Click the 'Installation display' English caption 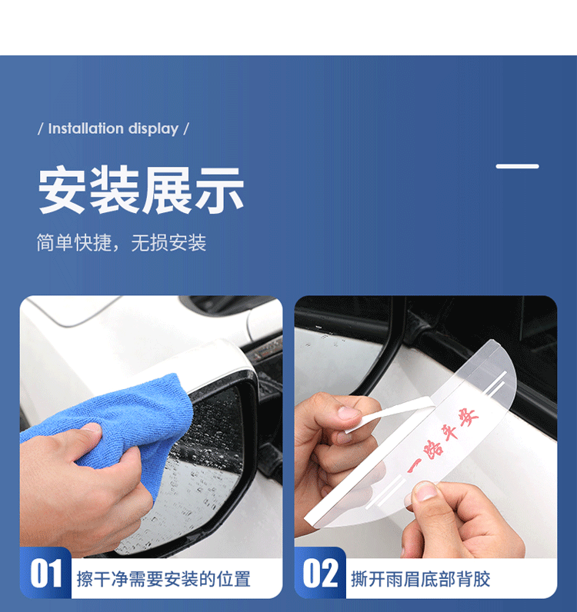[113, 129]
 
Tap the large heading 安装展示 [141, 190]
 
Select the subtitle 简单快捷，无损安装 [122, 243]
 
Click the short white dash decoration [517, 166]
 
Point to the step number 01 [46, 574]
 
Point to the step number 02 [321, 574]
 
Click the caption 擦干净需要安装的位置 [163, 579]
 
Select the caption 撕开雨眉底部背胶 [420, 579]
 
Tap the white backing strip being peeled [391, 414]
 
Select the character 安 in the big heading [62, 190]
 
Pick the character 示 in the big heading [220, 191]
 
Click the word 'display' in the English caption [154, 129]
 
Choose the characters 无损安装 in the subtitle [168, 243]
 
